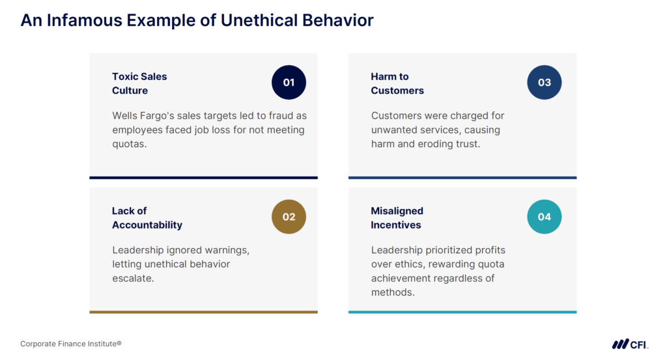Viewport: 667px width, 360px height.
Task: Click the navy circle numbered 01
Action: pos(289,83)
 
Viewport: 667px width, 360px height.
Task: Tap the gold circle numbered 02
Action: pos(289,217)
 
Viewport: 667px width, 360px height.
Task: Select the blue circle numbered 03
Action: pos(544,83)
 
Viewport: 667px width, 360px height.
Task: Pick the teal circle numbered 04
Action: pos(544,217)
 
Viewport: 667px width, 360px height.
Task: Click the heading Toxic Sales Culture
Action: pos(139,83)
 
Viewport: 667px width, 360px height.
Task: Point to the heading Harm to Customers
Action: pos(397,83)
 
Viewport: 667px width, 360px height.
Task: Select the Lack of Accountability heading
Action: pos(147,217)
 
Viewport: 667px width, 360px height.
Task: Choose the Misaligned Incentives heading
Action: pos(397,217)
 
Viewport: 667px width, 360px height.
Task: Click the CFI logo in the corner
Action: pos(629,344)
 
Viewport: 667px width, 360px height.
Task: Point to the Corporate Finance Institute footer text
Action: pos(71,343)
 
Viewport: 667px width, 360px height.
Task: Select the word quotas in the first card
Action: pos(129,145)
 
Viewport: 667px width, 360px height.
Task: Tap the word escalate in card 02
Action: pos(133,279)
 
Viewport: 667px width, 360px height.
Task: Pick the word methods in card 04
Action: pos(393,292)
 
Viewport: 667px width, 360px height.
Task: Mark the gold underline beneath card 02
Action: pos(203,312)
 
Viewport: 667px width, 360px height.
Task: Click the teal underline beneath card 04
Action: pos(462,312)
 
